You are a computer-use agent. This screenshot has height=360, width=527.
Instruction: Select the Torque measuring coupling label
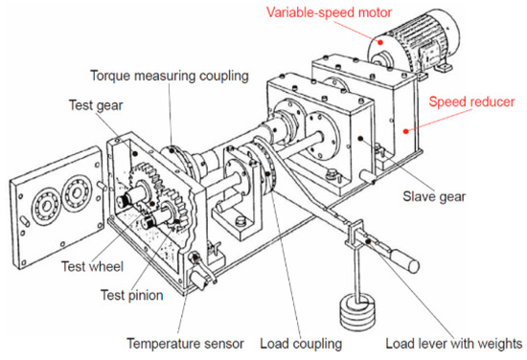170,76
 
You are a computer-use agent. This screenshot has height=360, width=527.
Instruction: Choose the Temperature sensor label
186,342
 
